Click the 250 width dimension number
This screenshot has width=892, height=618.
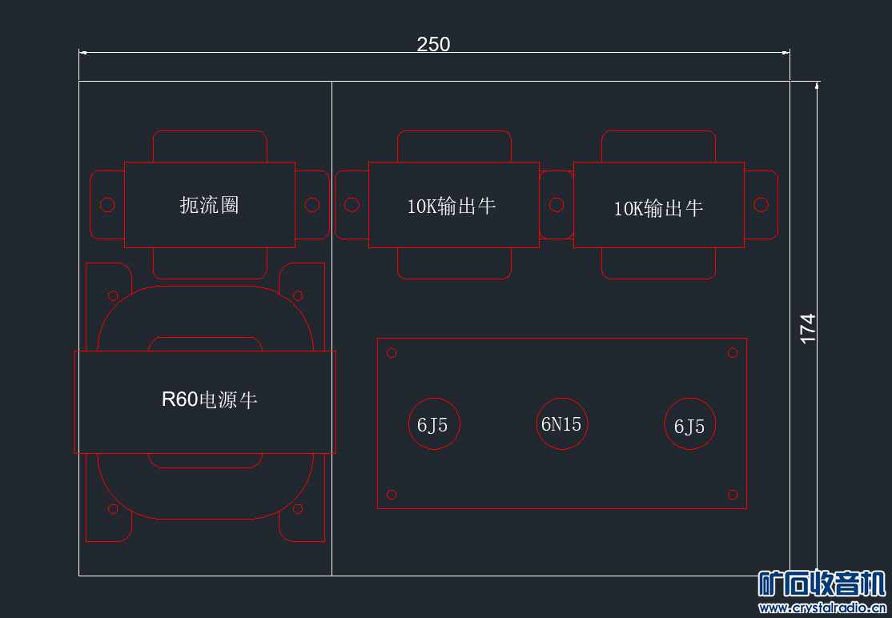click(x=433, y=44)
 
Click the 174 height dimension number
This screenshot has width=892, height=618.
click(x=808, y=329)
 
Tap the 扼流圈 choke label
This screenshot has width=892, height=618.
click(x=209, y=205)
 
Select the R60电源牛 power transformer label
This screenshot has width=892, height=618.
click(x=209, y=399)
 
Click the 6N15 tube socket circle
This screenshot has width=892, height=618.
click(x=562, y=423)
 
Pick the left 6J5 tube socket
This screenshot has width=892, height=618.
click(x=434, y=423)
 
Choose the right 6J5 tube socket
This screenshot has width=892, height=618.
click(x=690, y=423)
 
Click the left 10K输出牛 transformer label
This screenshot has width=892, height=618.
click(x=451, y=206)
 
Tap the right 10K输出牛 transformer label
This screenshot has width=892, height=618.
click(x=658, y=209)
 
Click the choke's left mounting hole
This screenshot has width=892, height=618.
click(x=107, y=205)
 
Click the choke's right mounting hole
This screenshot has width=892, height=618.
click(x=311, y=205)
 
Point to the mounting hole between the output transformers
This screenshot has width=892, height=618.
click(x=556, y=205)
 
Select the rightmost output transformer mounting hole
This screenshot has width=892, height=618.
click(x=761, y=205)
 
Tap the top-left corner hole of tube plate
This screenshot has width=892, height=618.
click(x=392, y=353)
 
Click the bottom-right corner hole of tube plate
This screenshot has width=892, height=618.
click(x=733, y=495)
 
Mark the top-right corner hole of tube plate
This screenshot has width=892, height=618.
click(x=733, y=353)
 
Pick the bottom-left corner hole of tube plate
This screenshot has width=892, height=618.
click(x=392, y=495)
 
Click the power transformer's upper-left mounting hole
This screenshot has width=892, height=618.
click(x=113, y=295)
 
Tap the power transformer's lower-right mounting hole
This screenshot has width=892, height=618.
click(x=298, y=509)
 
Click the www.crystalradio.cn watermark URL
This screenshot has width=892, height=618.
click(x=822, y=608)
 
